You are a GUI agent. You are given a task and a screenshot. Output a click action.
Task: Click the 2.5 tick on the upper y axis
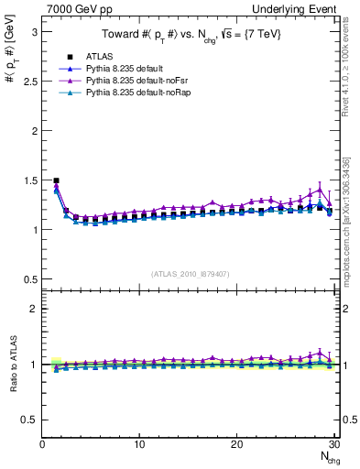click(x=30, y=81)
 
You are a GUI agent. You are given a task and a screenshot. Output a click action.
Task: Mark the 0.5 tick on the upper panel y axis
click(x=30, y=278)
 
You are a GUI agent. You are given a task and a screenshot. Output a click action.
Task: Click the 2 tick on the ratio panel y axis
click(x=34, y=309)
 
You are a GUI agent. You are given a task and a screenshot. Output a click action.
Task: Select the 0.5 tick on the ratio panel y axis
click(x=30, y=420)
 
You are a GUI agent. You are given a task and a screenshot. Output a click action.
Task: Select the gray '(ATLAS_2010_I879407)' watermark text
click(x=190, y=273)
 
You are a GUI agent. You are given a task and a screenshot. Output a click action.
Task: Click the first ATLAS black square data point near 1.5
click(x=56, y=180)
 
